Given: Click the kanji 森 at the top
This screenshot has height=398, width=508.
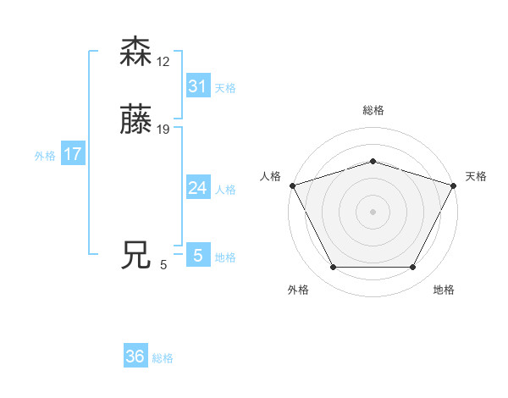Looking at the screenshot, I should pyautogui.click(x=136, y=52).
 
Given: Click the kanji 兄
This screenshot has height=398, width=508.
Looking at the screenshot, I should pyautogui.click(x=136, y=254).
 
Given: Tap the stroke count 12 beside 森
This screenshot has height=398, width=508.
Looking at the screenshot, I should pyautogui.click(x=163, y=63).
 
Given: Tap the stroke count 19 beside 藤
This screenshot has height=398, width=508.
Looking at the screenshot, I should pyautogui.click(x=163, y=130).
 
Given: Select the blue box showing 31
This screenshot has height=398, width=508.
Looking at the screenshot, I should pyautogui.click(x=197, y=86).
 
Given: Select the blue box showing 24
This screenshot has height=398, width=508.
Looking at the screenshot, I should pyautogui.click(x=197, y=188).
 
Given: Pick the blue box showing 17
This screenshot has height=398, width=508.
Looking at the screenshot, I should pyautogui.click(x=73, y=154).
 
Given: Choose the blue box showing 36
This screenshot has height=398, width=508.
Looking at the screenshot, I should pyautogui.click(x=135, y=357).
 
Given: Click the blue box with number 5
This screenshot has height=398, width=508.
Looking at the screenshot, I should pyautogui.click(x=197, y=255).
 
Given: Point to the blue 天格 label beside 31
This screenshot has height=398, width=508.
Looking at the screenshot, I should pyautogui.click(x=225, y=88).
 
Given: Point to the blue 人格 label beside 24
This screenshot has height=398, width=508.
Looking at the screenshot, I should pyautogui.click(x=225, y=190).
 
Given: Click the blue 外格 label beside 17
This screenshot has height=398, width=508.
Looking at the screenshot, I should pyautogui.click(x=45, y=156).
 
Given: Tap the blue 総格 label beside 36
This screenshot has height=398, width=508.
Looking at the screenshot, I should pyautogui.click(x=163, y=358).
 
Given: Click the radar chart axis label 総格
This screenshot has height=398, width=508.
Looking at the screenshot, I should pyautogui.click(x=373, y=110).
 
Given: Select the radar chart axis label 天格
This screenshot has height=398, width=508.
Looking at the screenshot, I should pyautogui.click(x=476, y=176).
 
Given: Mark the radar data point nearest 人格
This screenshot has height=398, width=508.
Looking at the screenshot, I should pyautogui.click(x=292, y=185).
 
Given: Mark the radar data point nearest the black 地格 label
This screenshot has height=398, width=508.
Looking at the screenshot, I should pyautogui.click(x=412, y=268).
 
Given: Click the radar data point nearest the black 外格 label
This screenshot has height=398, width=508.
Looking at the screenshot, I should pyautogui.click(x=333, y=268).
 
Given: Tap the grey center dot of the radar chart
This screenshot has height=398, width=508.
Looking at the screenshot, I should pyautogui.click(x=373, y=212).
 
